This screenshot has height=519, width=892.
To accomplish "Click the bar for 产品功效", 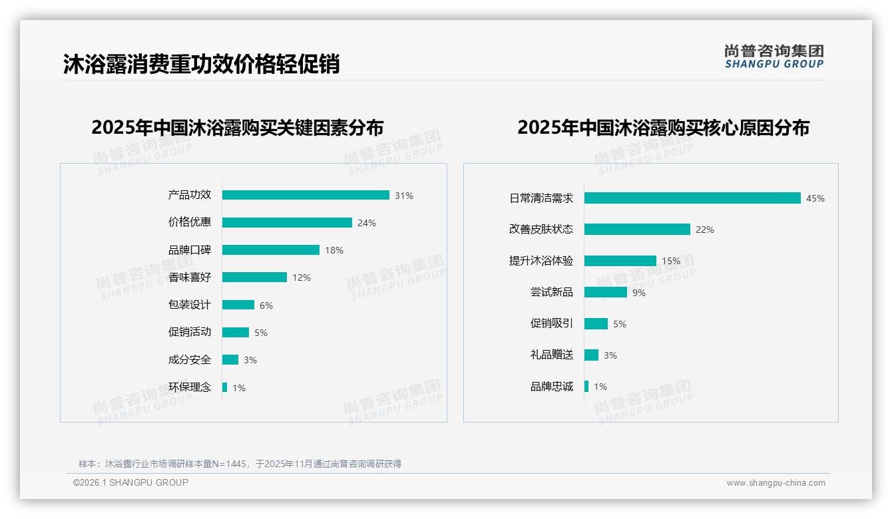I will coord(306,195).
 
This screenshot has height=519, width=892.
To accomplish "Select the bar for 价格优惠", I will coord(287,223).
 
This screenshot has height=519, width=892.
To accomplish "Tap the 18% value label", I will coord(334,251).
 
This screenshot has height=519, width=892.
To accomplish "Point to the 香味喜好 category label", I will coord(189,277).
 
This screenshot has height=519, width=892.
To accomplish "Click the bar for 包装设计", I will coord(238,305).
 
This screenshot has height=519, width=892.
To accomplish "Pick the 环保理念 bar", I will coord(225,387).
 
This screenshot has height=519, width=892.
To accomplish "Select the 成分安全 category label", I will coord(189,360).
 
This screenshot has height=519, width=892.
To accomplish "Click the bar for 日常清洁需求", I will coord(692,198).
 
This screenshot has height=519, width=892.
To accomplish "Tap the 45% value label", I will coord(815,198).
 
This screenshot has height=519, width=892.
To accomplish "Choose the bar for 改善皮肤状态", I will coord(637,230).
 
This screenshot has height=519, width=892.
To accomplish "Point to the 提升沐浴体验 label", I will coord(541,261).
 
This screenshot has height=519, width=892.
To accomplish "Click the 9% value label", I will coord(639,293).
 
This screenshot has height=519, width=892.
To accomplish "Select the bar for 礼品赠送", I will coord(591,355).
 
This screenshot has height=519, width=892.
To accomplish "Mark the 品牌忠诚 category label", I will coord(551,387).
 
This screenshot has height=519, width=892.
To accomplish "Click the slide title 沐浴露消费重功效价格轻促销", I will coord(202,64).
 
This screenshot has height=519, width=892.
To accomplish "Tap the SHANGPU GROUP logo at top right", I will coord(774,57).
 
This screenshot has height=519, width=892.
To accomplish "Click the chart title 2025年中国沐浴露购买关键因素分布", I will coord(238,127).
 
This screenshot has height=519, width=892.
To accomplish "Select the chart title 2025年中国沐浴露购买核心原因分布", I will coord(663,127).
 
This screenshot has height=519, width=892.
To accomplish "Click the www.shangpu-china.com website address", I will coord(776,483).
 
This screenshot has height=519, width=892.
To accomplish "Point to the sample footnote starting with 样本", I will coord(240,464).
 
